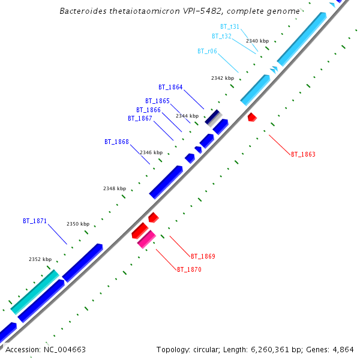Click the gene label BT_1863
click(303, 154)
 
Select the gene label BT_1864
click(170, 87)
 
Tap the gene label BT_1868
click(116, 142)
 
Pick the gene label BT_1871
click(35, 221)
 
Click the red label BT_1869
click(203, 256)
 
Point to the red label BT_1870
click(189, 269)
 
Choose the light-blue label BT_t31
click(230, 26)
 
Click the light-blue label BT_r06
click(207, 51)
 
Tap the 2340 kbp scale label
click(257, 41)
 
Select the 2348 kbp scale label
click(115, 188)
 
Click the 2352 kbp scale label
click(40, 259)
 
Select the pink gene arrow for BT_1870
click(146, 239)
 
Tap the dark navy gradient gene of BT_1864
click(214, 117)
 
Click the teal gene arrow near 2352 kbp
click(35, 292)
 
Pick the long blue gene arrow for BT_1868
click(166, 181)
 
